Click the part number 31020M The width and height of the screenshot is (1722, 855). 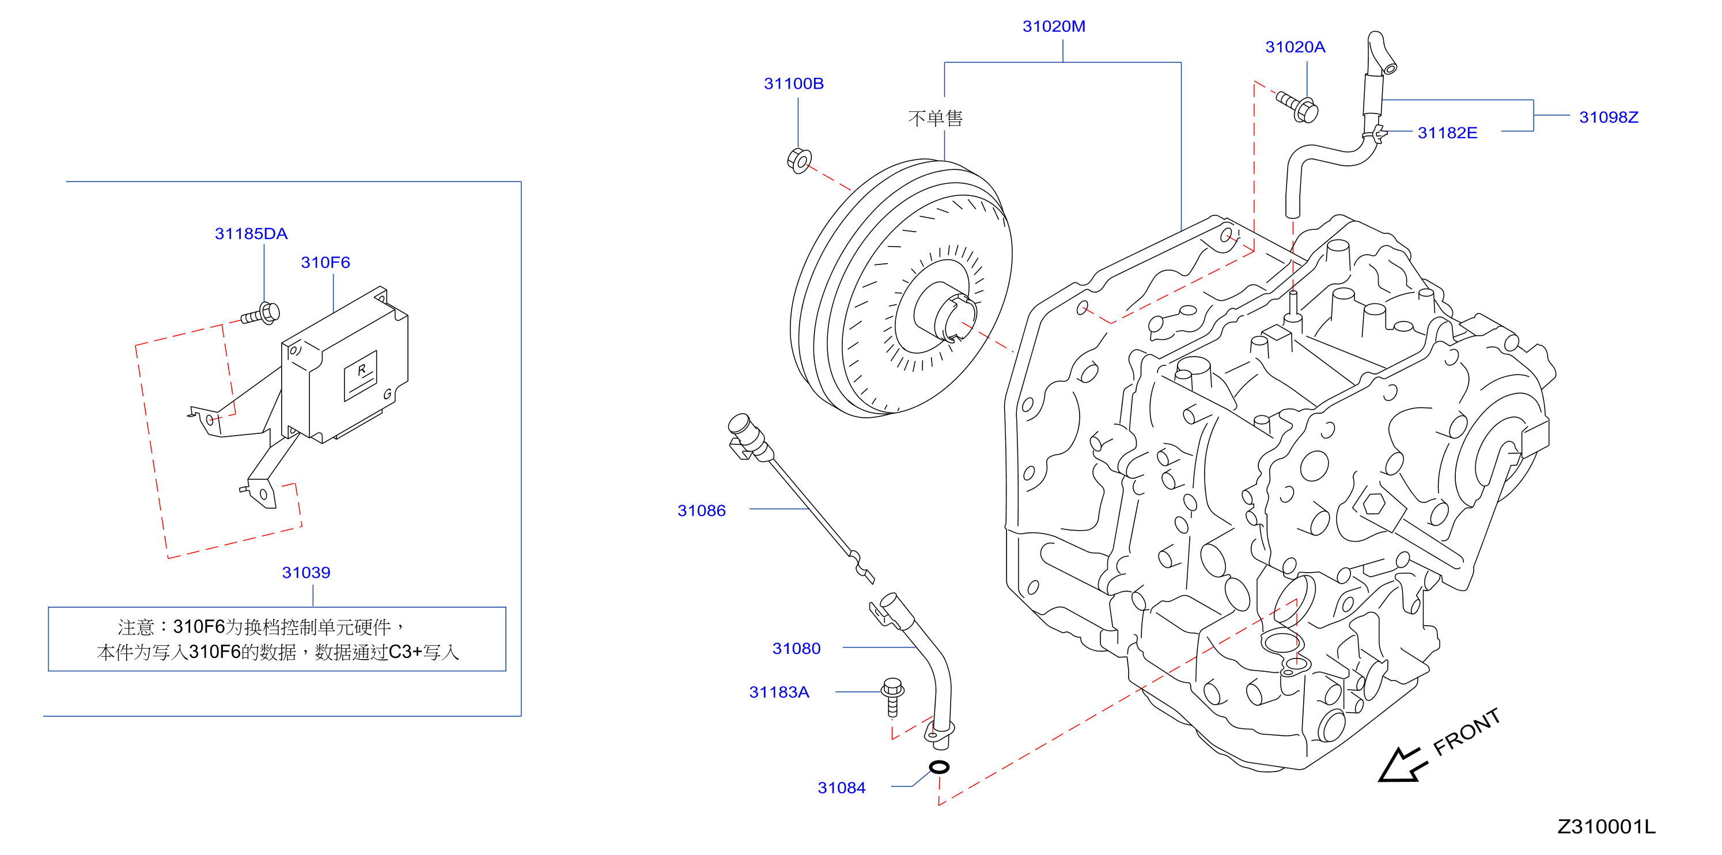(x=1054, y=26)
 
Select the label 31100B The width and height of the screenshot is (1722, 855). (x=793, y=84)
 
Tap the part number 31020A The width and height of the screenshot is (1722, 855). (x=1295, y=47)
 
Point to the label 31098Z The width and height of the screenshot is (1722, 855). (x=1609, y=117)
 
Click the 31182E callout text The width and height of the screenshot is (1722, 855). (x=1447, y=133)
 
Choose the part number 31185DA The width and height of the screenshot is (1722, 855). (x=251, y=233)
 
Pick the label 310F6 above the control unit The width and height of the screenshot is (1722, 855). (x=325, y=262)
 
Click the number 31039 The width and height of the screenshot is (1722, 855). (x=306, y=572)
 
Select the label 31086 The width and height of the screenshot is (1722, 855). (x=701, y=510)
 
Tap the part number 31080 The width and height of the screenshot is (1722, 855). (x=796, y=648)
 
